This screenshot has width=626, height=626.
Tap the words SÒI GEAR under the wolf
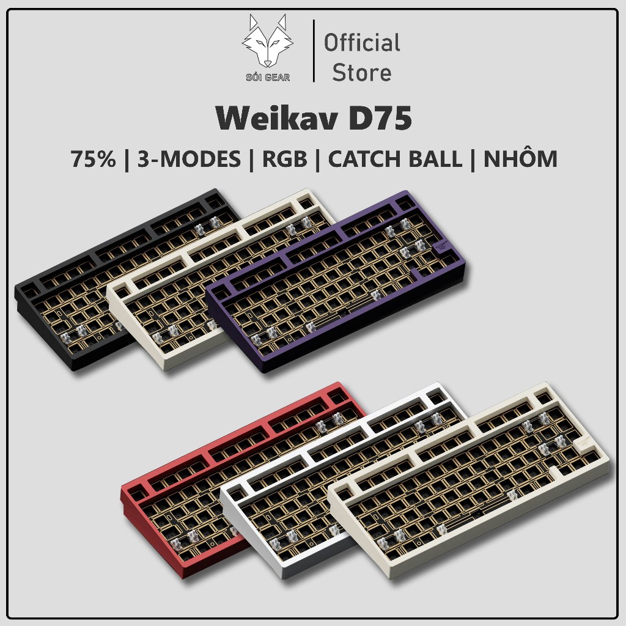point(268,77)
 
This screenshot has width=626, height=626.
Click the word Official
point(362,43)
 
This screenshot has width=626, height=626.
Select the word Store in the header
point(362,73)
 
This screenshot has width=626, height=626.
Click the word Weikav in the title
point(276,119)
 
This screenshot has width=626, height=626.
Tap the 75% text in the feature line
point(93,158)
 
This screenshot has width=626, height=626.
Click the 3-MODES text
point(189,158)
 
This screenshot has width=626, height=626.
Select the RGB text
point(285,158)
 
